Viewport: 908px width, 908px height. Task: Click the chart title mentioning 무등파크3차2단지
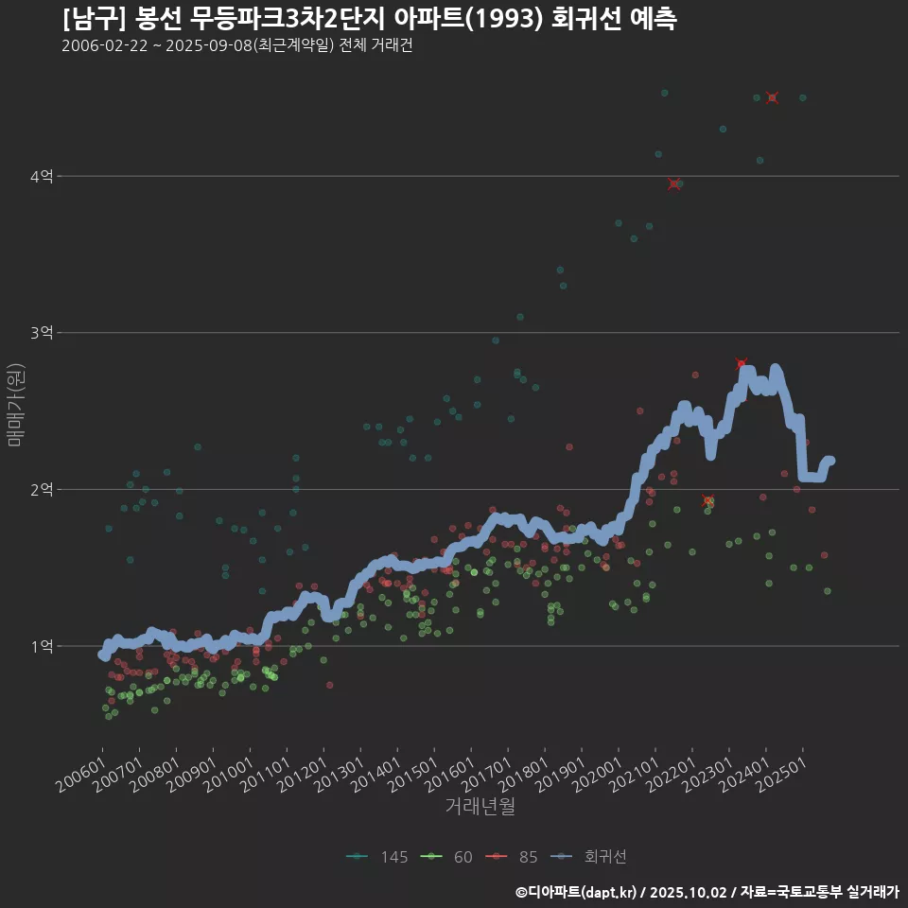point(369,19)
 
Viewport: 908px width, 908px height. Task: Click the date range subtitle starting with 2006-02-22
point(236,45)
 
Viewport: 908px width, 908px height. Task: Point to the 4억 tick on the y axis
point(42,176)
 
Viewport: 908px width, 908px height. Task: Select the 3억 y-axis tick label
point(42,333)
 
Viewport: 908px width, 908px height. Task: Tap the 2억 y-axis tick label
point(42,490)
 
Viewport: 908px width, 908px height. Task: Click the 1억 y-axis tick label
point(42,647)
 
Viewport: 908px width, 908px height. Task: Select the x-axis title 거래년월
point(480,807)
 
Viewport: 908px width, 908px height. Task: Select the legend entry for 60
point(451,857)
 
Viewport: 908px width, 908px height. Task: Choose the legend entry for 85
point(515,857)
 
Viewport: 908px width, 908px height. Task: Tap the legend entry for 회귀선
point(592,857)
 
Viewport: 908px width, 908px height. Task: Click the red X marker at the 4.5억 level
point(773,97)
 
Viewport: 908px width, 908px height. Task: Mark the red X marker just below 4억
point(673,184)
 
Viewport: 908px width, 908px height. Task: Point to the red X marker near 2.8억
point(742,364)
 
